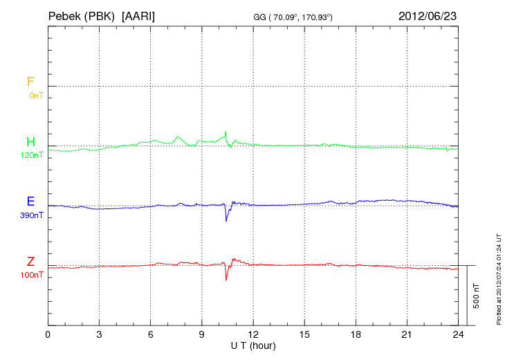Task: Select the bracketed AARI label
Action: click(138, 15)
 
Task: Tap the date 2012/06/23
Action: click(428, 15)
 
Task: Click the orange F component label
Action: click(30, 82)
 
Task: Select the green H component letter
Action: click(30, 142)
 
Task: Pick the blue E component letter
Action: click(30, 201)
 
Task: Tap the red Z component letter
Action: click(30, 262)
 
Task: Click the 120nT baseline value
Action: click(32, 156)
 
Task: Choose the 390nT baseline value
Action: click(32, 215)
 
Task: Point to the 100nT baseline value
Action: click(32, 276)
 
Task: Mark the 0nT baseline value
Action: click(35, 96)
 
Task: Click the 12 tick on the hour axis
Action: click(253, 334)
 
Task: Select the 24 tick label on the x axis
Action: click(458, 334)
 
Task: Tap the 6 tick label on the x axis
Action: click(151, 334)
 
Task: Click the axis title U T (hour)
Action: click(253, 345)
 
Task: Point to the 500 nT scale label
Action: click(476, 296)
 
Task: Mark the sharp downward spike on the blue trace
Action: click(226, 220)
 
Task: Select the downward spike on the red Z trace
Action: click(226, 279)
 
